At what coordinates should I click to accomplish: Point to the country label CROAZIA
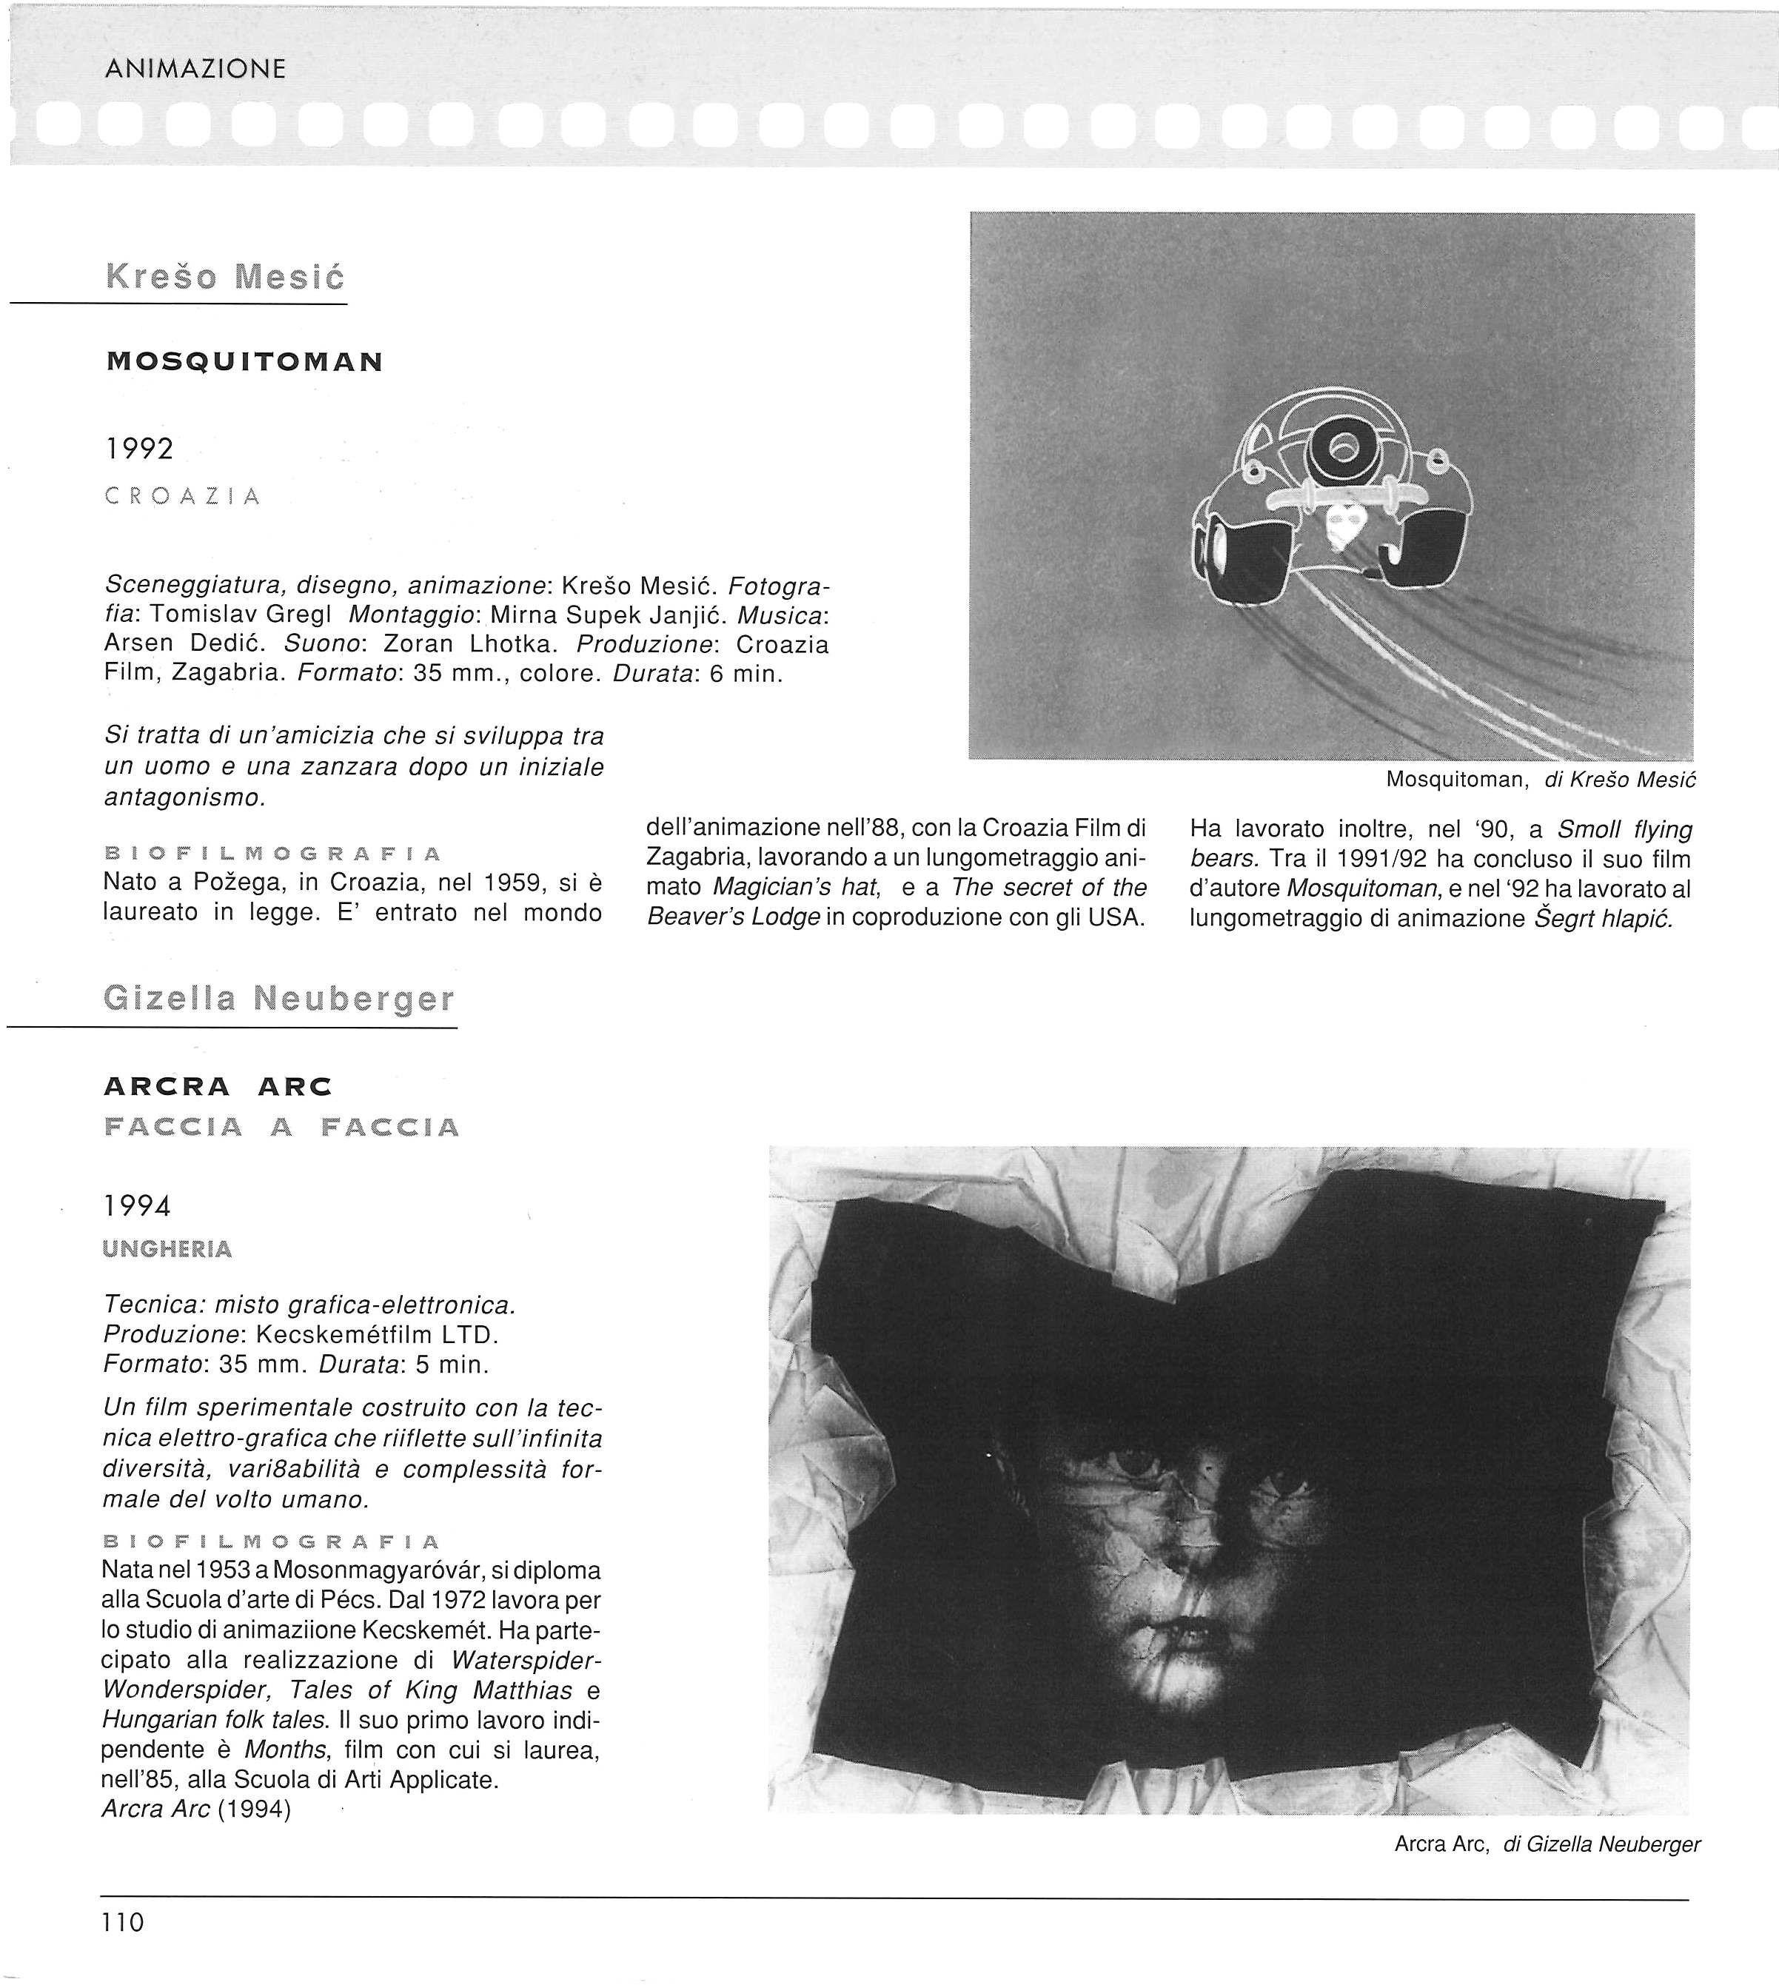pyautogui.click(x=183, y=497)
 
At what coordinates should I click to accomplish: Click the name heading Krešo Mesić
pyautogui.click(x=225, y=278)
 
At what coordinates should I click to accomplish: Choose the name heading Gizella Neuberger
pyautogui.click(x=278, y=999)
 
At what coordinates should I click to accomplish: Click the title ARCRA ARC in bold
pyautogui.click(x=218, y=1087)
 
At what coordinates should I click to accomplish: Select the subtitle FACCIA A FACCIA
pyautogui.click(x=281, y=1127)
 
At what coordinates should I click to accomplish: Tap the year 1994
pyautogui.click(x=137, y=1207)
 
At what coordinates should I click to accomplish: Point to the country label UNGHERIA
pyautogui.click(x=167, y=1249)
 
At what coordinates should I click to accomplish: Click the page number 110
pyautogui.click(x=122, y=1923)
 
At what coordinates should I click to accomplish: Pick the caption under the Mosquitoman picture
pyautogui.click(x=1541, y=780)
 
